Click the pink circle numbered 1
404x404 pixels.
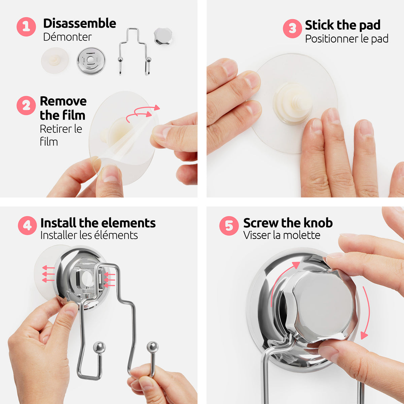[26, 27]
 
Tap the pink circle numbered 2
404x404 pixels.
[26, 105]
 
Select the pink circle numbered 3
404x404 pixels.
[293, 29]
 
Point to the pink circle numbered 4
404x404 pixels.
[28, 226]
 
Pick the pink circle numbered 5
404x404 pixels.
[229, 226]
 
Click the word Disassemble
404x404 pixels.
[80, 23]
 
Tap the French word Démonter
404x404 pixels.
[67, 37]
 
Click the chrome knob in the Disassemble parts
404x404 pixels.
[163, 36]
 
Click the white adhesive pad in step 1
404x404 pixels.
[55, 60]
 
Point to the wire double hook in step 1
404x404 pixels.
[135, 52]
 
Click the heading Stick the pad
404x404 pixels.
[343, 25]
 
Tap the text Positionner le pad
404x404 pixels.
[346, 39]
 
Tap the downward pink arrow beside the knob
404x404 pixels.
[365, 312]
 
